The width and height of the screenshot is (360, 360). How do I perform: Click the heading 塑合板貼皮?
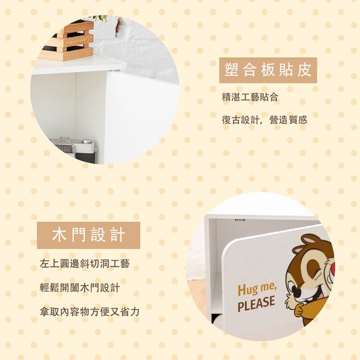tap(268, 70)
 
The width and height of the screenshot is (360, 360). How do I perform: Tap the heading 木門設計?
tap(88, 235)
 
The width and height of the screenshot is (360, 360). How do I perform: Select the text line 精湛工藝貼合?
tap(250, 97)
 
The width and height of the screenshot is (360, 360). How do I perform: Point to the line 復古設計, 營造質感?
tap(264, 120)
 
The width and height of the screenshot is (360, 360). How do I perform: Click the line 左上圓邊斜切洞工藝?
tap(85, 264)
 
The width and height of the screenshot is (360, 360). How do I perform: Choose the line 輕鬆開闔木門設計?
tap(79, 287)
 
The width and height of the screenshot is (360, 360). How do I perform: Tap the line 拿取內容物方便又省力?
tap(89, 311)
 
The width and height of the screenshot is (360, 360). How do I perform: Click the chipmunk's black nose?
tap(298, 292)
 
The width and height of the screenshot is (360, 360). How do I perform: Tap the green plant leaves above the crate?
tap(101, 19)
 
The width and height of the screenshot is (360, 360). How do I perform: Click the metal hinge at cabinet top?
tap(239, 220)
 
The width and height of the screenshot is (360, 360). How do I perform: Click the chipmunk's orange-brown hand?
tap(300, 309)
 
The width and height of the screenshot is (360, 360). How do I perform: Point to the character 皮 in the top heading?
tap(304, 70)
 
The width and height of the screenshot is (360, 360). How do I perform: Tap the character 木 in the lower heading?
tap(59, 235)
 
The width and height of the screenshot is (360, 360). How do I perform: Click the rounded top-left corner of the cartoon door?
tap(226, 249)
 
